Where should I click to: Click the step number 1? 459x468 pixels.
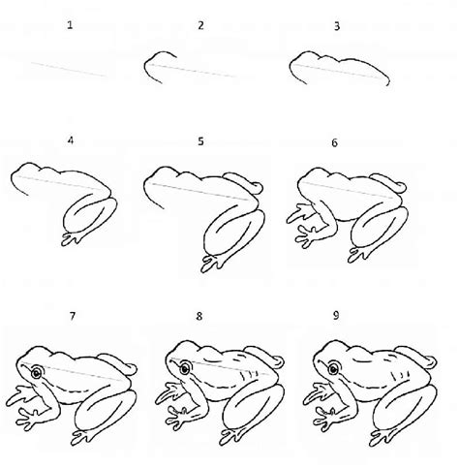(x=70, y=26)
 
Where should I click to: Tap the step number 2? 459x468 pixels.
(x=200, y=26)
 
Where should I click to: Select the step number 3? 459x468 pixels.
(x=335, y=26)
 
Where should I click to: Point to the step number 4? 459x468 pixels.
(x=70, y=141)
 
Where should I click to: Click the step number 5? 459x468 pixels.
(x=200, y=141)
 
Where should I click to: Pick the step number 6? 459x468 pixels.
(x=335, y=141)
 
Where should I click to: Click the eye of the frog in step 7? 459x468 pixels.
(x=36, y=372)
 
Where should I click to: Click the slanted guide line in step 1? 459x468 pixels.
(x=68, y=68)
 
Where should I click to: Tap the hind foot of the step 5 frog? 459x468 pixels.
(x=212, y=258)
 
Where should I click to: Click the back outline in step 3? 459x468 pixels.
(x=339, y=60)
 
